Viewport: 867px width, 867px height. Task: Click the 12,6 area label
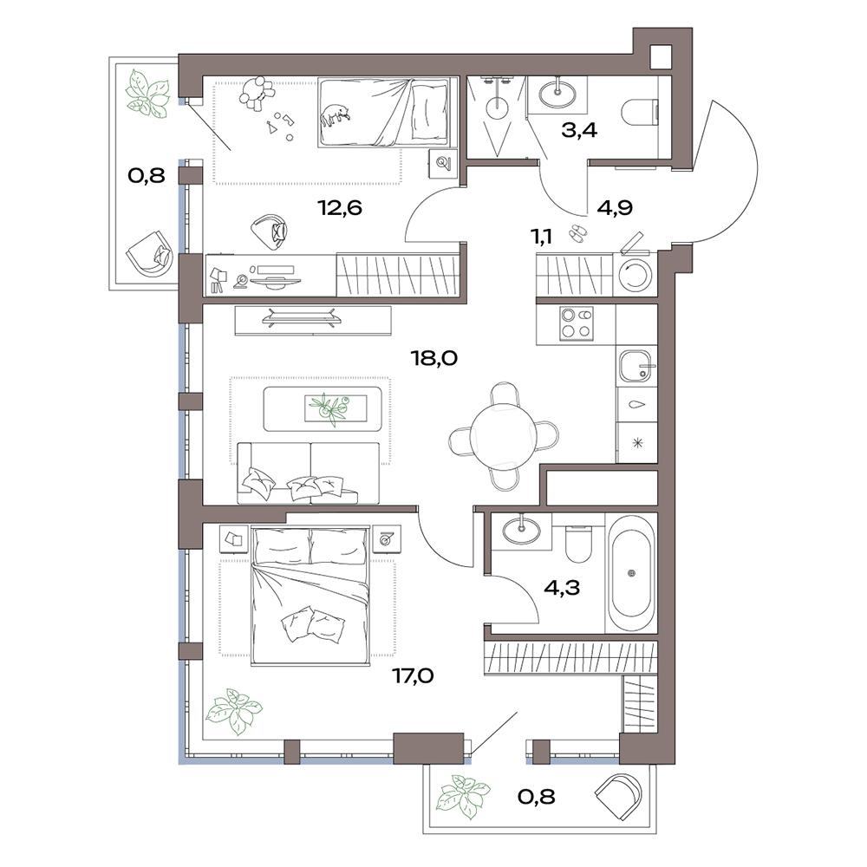pyautogui.click(x=340, y=208)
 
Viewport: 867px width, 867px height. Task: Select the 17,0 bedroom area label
pyautogui.click(x=413, y=675)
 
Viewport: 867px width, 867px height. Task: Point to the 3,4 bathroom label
pyautogui.click(x=579, y=131)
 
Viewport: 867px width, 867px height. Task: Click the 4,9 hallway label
pyautogui.click(x=615, y=208)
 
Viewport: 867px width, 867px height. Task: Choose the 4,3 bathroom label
pyautogui.click(x=562, y=587)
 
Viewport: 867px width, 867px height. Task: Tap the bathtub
pyautogui.click(x=631, y=573)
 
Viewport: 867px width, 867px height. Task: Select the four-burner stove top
pyautogui.click(x=577, y=323)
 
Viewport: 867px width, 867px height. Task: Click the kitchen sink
pyautogui.click(x=637, y=366)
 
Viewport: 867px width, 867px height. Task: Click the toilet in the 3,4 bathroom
pyautogui.click(x=641, y=111)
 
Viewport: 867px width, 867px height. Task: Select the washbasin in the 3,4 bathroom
pyautogui.click(x=557, y=94)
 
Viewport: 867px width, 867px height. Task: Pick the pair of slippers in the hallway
pyautogui.click(x=577, y=232)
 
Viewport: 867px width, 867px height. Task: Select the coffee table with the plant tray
pyautogui.click(x=323, y=408)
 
